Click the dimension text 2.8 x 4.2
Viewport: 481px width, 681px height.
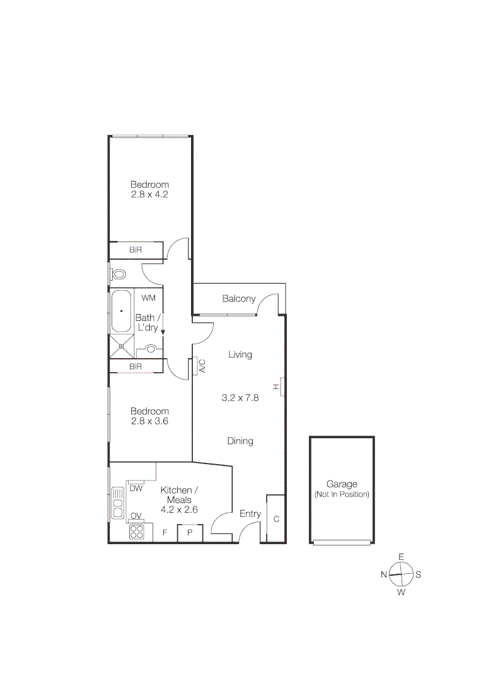pos(149,195)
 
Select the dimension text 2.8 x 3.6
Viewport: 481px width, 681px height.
pos(149,421)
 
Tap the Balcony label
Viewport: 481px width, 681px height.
pos(239,299)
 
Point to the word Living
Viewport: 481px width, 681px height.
pos(240,354)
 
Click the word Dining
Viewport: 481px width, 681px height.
pos(240,441)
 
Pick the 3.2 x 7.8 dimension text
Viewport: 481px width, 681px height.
pos(240,398)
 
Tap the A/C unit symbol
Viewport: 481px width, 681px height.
pos(195,366)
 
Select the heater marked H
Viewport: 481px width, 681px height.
pos(282,387)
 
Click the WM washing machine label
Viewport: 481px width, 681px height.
pos(148,298)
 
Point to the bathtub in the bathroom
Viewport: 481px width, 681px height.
pos(120,311)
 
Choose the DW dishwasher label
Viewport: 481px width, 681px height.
pos(135,488)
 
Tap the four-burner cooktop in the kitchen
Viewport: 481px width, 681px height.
pos(137,532)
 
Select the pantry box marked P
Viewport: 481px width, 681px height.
pos(190,533)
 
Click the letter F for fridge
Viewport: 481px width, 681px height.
pos(165,533)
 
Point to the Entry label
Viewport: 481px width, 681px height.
pos(250,514)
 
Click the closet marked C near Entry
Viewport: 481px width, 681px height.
pos(276,519)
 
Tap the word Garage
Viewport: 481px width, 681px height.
pos(342,484)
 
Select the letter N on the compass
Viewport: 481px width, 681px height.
pos(383,574)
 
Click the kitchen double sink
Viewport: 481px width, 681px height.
pos(117,503)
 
